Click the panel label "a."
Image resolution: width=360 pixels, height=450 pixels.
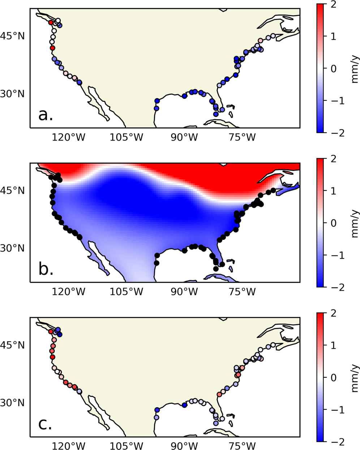coord(46,115)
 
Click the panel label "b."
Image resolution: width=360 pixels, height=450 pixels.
coord(46,270)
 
